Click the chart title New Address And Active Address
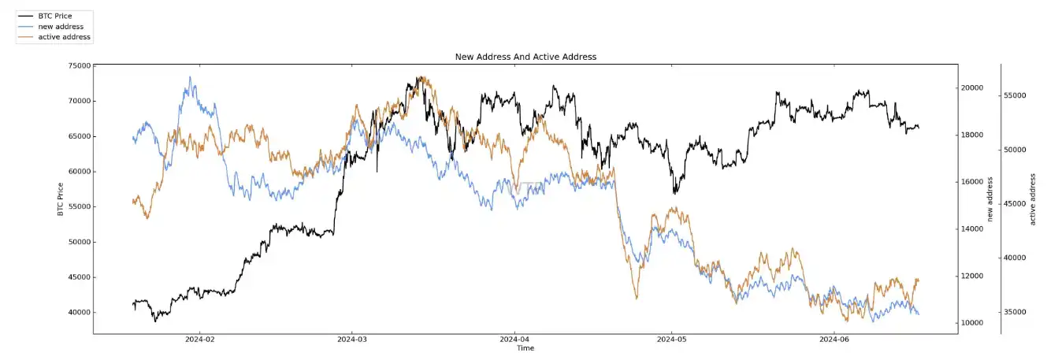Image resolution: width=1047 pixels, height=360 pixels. [525, 57]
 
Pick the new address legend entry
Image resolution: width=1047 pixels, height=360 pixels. [61, 26]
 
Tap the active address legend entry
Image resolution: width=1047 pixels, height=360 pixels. [64, 37]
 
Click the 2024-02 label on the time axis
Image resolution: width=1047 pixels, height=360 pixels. [199, 340]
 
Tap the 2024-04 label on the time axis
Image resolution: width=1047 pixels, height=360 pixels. [514, 340]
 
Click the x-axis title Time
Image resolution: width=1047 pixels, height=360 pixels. [525, 347]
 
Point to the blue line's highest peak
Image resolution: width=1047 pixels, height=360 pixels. [190, 77]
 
